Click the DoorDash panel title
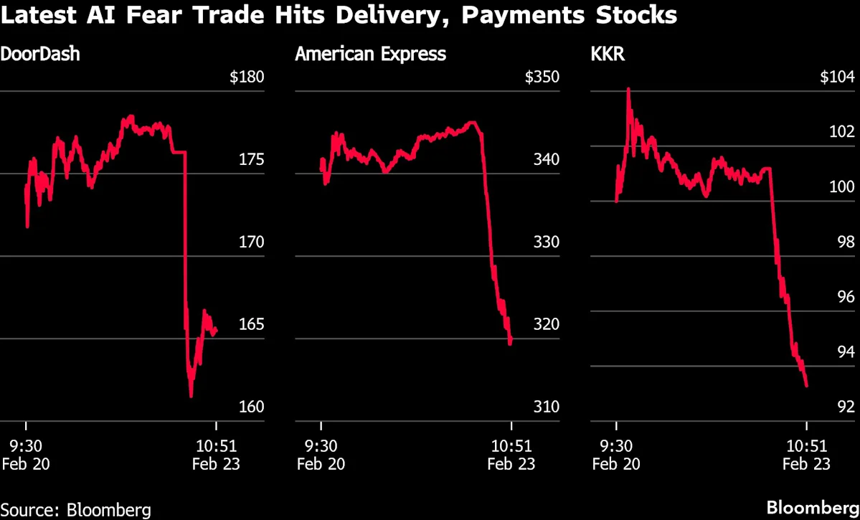tap(39, 54)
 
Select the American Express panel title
tap(371, 54)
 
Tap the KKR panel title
tap(607, 54)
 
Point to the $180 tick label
tap(247, 77)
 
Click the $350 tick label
tap(541, 77)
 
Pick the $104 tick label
tap(836, 77)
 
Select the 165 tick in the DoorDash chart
tap(251, 324)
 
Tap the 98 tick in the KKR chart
tap(845, 242)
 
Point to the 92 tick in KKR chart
tap(845, 407)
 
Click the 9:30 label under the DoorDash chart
tap(26, 445)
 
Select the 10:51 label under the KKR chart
tap(807, 445)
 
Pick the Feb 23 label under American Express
tap(511, 464)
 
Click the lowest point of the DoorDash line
tap(191, 396)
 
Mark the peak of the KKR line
tap(628, 89)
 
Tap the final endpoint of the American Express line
tap(510, 344)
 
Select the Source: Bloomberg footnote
tap(76, 510)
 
